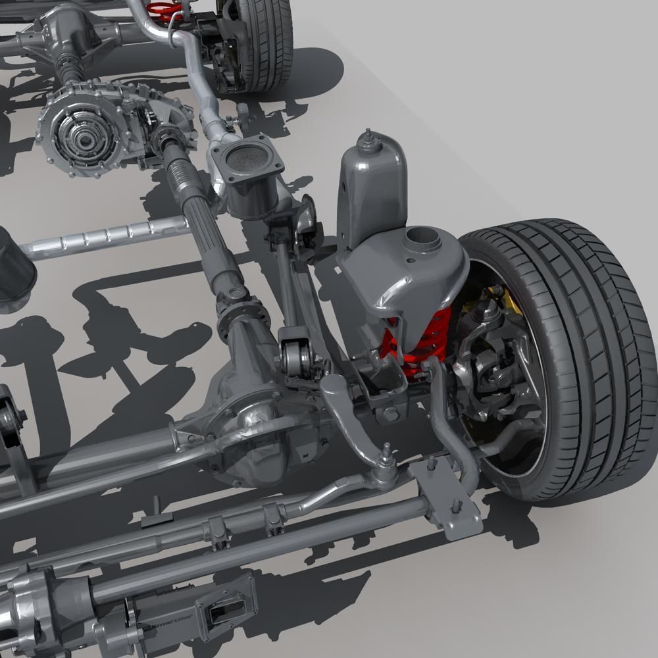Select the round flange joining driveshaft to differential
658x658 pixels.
pos(234,316)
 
